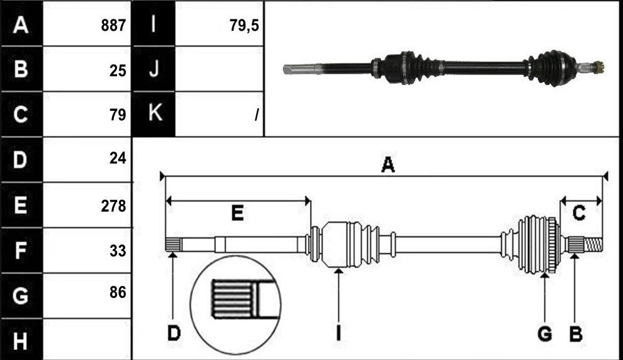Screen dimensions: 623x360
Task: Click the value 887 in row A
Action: point(113,26)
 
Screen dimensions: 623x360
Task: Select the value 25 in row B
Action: point(118,71)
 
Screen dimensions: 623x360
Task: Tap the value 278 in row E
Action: point(113,206)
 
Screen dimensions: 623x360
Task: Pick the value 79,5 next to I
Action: point(244,26)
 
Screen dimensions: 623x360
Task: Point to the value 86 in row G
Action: point(118,292)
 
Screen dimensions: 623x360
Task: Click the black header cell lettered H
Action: point(21,340)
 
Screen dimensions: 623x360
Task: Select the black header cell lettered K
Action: point(154,114)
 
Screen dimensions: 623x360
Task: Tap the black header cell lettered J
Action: point(154,69)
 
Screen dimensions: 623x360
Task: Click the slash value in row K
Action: point(257,115)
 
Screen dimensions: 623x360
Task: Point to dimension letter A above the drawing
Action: point(388,165)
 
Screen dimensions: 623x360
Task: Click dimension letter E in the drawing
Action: point(237,213)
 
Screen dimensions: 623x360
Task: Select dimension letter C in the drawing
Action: point(579,213)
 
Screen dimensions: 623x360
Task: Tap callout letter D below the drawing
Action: point(173,333)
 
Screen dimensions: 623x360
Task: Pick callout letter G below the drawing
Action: point(545,334)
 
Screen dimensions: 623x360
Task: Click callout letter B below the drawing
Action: point(575,334)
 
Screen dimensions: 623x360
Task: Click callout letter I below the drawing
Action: point(338,333)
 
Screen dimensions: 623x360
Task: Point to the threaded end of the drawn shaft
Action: point(593,244)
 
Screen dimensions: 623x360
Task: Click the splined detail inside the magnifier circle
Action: point(232,299)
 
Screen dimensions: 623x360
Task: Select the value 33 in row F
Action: point(118,251)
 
